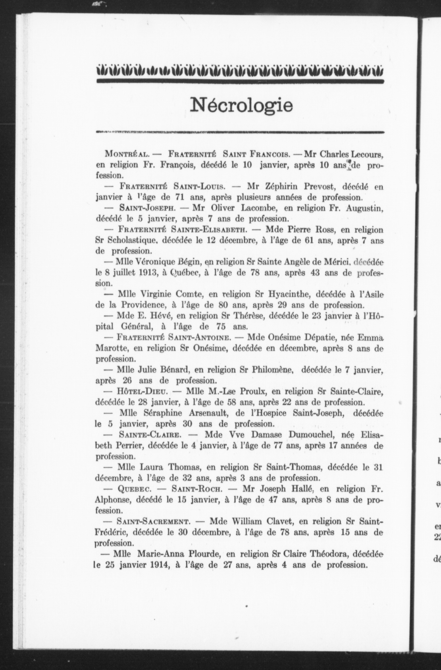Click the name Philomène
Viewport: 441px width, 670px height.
tap(273, 370)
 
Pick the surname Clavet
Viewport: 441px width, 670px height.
tap(277, 521)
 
